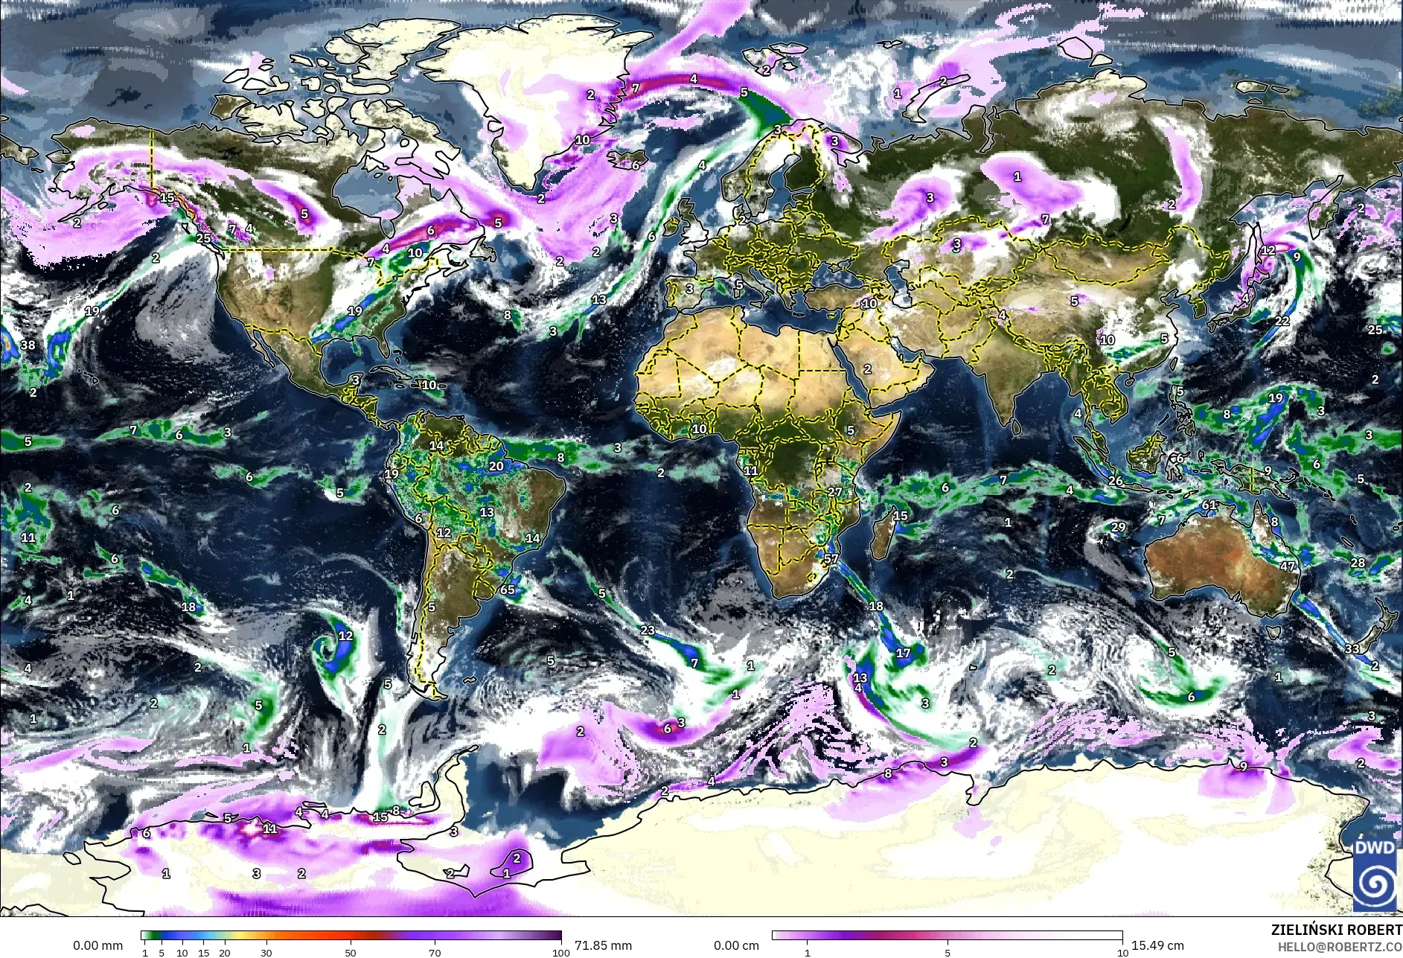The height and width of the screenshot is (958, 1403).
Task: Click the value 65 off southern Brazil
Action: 508,590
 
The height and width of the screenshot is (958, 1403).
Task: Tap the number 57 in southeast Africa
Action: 831,559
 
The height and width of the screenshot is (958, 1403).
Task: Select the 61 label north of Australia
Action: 1209,505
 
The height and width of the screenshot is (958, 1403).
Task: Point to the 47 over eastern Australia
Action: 1288,566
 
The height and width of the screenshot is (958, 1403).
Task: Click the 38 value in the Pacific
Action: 28,345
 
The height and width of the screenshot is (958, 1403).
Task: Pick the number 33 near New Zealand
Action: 1352,648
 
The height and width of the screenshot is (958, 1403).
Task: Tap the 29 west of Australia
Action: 1118,527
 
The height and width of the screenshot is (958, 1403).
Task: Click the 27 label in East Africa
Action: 835,492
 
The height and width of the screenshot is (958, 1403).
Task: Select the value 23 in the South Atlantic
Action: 648,630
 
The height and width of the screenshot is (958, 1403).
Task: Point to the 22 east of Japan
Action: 1282,321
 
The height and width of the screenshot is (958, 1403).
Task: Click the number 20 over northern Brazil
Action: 496,466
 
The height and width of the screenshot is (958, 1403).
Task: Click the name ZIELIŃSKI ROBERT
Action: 1336,930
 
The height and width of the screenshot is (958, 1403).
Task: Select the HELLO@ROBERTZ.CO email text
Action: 1340,946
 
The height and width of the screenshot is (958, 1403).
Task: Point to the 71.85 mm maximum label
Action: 603,945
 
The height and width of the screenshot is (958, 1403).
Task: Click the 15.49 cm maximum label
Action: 1157,945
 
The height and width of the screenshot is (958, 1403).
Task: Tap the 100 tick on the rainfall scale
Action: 561,953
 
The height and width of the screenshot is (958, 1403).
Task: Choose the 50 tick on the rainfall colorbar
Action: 351,953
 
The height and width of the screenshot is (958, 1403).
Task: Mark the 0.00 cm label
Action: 736,945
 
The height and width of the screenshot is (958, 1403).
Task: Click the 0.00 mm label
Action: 98,945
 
